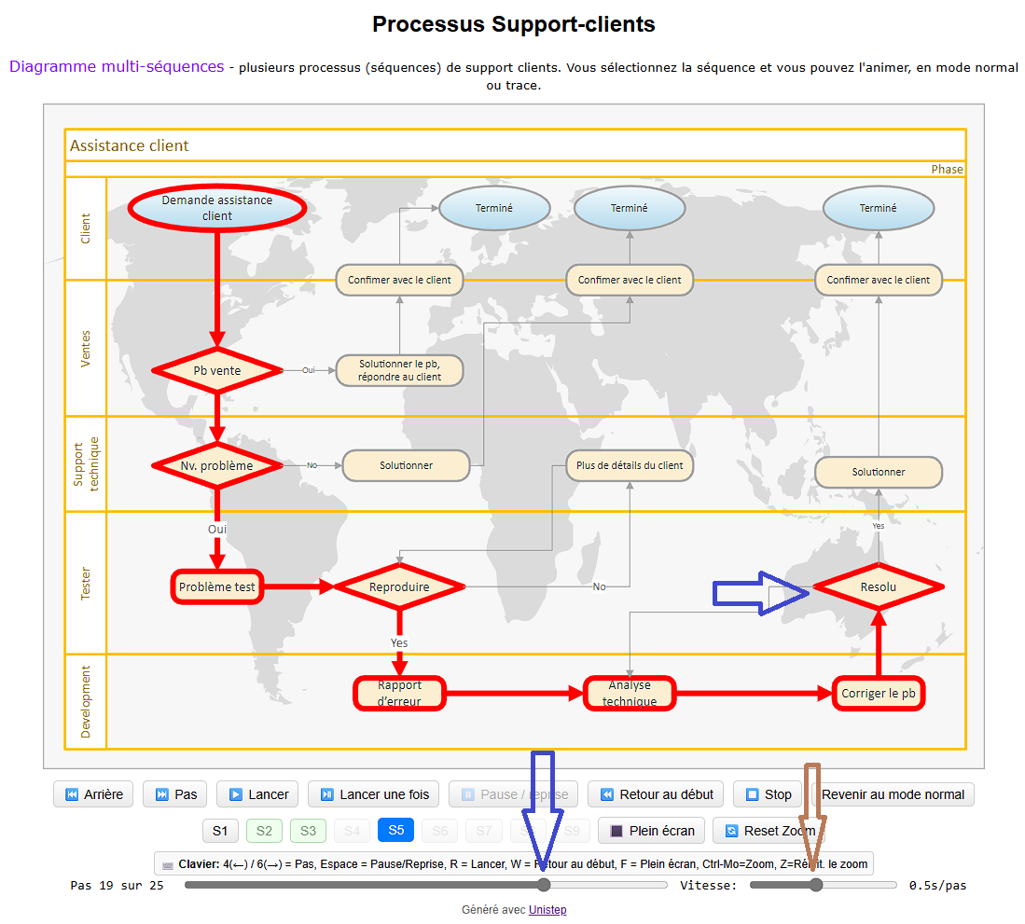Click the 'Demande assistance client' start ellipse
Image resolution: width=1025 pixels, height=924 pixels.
click(216, 208)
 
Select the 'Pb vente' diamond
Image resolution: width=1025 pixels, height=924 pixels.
click(216, 370)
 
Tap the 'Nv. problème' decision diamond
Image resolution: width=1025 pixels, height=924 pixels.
click(216, 464)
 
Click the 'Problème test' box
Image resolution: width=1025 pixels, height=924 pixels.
click(216, 586)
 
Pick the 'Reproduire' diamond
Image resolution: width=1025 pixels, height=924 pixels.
click(399, 586)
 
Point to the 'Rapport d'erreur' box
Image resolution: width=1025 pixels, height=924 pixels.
click(399, 693)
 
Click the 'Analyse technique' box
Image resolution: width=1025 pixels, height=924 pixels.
click(629, 693)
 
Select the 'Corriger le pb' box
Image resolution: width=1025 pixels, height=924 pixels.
click(878, 694)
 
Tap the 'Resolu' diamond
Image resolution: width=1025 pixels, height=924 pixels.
click(878, 586)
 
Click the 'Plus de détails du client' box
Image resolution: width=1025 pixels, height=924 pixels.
click(629, 465)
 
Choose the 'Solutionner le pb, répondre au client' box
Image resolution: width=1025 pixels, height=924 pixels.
click(399, 370)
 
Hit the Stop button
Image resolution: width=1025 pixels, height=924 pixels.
click(768, 794)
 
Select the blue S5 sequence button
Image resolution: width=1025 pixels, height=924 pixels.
click(395, 830)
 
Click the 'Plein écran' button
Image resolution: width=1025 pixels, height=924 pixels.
click(652, 830)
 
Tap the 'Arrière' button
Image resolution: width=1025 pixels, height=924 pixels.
click(93, 794)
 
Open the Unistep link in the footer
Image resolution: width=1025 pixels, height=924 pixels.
click(547, 910)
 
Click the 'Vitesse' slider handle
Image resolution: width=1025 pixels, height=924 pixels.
click(816, 885)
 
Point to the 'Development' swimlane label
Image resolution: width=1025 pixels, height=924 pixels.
click(86, 701)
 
